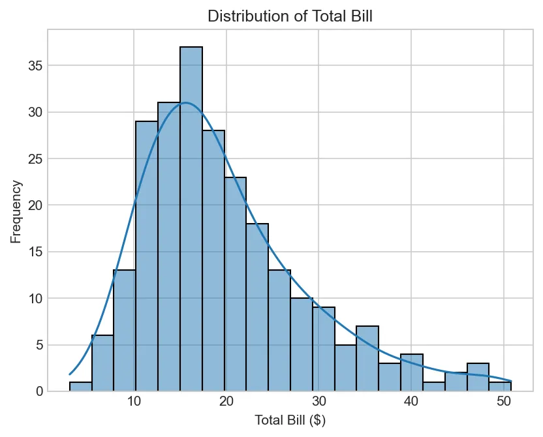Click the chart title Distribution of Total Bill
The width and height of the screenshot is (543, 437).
pos(290,17)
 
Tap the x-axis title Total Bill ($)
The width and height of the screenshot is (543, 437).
pos(290,421)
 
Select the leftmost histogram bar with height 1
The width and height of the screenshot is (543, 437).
pos(80,386)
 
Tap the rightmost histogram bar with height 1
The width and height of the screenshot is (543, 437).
pos(500,386)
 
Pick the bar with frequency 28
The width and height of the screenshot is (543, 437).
pos(213,261)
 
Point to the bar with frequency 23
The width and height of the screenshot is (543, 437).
pos(235,284)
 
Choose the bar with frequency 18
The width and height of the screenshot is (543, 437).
pos(257,307)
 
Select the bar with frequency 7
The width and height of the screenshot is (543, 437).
pos(367,359)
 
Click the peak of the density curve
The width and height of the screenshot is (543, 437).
pos(186,103)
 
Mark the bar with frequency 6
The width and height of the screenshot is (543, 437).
pos(102,363)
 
